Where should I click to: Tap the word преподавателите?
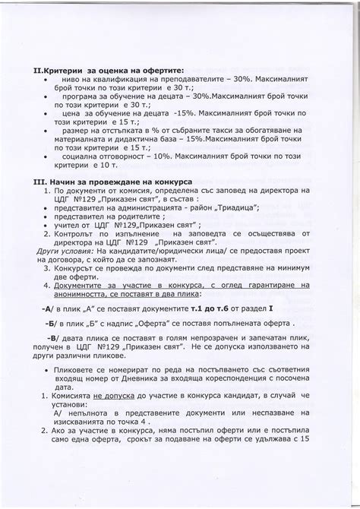[184, 81]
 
